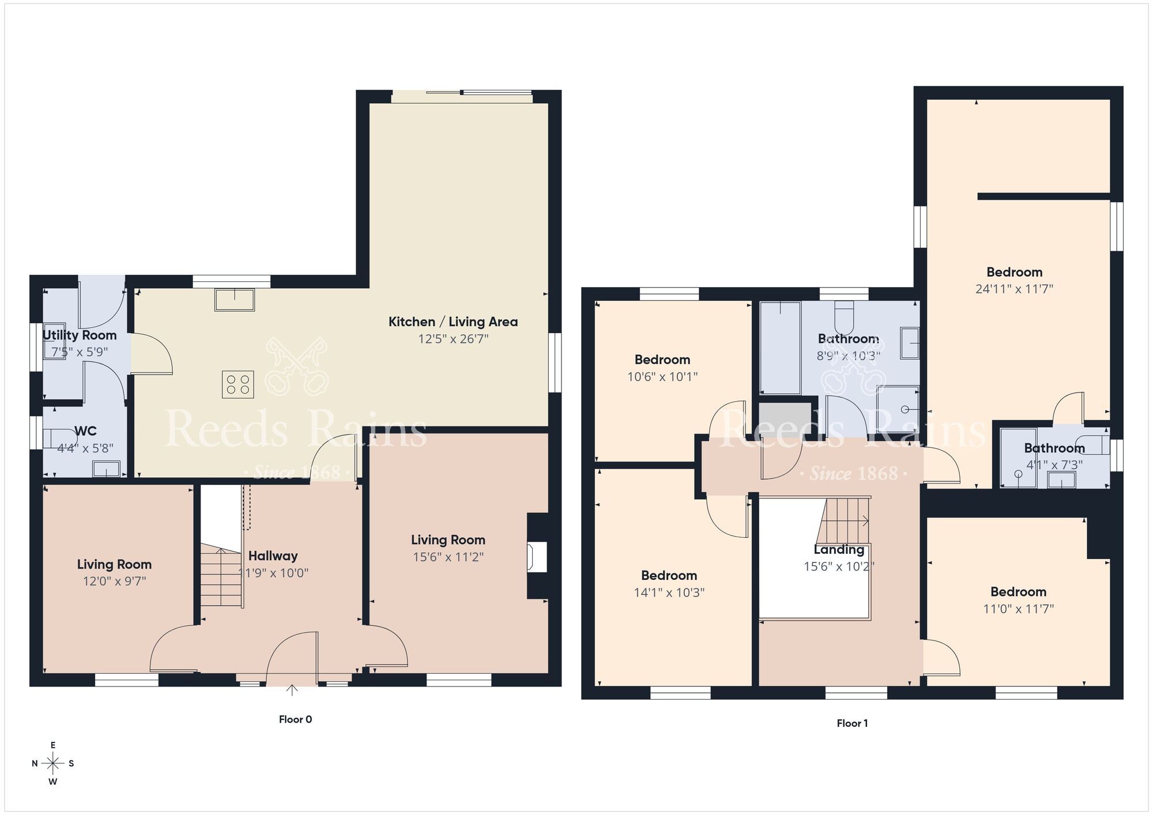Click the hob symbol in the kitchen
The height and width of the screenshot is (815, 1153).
tap(238, 384)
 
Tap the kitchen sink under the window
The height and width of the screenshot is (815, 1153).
tap(235, 300)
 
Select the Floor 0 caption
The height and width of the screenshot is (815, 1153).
tap(295, 719)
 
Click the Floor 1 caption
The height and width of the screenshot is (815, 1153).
tap(852, 723)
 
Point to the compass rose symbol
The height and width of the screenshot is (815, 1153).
tap(53, 764)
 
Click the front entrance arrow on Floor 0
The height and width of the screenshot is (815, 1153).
tap(292, 690)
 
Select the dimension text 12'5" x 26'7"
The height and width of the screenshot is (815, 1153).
tap(453, 339)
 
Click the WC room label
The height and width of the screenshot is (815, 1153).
tap(85, 431)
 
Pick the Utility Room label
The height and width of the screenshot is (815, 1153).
tap(80, 335)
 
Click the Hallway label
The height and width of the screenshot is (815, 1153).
tap(273, 556)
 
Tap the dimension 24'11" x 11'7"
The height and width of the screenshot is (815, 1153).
tap(1014, 289)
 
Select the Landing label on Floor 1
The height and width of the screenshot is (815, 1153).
tap(839, 550)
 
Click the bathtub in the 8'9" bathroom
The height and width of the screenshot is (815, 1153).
tap(780, 348)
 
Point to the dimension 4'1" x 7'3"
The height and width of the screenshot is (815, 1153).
tap(1054, 465)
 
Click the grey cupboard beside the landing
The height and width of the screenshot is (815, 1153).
tap(784, 417)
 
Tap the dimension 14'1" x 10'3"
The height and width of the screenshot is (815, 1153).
tap(669, 593)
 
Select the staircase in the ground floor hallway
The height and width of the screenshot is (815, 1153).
tap(221, 576)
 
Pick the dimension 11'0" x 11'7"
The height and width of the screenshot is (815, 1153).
tap(1018, 609)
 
